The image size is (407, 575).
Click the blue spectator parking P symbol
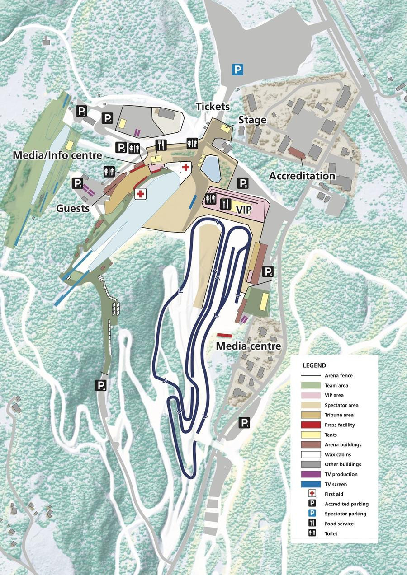click(x=237, y=70)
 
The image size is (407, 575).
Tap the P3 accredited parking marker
click(x=81, y=111)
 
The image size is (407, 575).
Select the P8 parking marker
click(x=101, y=385)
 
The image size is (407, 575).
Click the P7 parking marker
click(x=244, y=423)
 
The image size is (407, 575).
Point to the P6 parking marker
click(x=268, y=271)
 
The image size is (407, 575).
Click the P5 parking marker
click(x=243, y=183)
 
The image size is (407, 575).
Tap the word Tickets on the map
click(x=213, y=107)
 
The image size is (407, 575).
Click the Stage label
click(x=252, y=120)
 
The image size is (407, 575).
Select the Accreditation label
click(x=302, y=176)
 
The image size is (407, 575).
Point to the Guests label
click(x=73, y=208)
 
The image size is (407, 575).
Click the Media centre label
click(x=248, y=346)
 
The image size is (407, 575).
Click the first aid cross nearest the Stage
click(x=185, y=167)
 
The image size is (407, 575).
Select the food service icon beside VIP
click(x=225, y=204)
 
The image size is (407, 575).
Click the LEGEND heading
click(x=314, y=365)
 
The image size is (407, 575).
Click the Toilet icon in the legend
click(x=312, y=533)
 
